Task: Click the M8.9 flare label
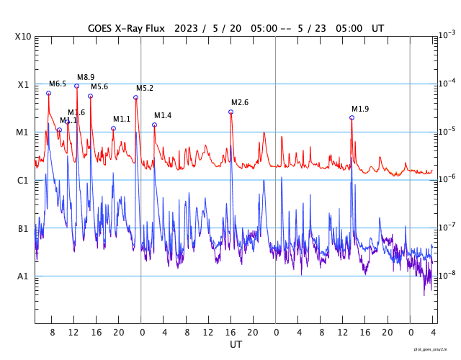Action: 86,77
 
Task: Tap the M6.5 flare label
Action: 58,84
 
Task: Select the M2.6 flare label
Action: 240,102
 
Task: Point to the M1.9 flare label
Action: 360,109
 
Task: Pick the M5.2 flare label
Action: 145,88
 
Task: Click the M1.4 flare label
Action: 163,115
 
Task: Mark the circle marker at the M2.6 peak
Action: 230,112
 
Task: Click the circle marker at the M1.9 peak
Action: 352,117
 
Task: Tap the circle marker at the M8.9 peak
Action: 76,86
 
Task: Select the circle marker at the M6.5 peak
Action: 48,93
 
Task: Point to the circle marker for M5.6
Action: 90,96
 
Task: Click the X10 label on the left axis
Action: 22,36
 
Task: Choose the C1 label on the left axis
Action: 22,180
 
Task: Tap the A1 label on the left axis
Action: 22,276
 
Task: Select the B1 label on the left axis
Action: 22,228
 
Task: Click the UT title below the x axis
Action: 236,345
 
